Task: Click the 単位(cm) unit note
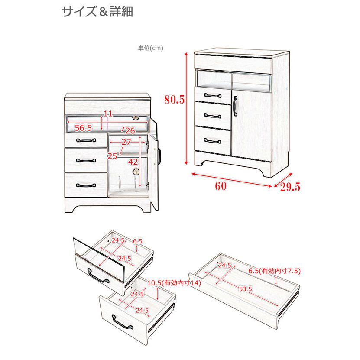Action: [150, 48]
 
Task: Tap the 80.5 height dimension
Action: [175, 100]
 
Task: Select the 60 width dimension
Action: [221, 186]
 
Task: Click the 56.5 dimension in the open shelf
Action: [83, 128]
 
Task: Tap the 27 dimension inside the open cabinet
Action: [126, 142]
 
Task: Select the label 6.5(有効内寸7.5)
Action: [274, 272]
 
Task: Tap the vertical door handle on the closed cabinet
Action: [235, 107]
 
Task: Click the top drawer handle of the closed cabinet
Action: [212, 95]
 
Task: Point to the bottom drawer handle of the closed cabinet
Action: [212, 139]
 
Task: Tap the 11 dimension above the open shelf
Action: [108, 114]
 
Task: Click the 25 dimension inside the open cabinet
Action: [112, 156]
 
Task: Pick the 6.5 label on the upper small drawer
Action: [137, 241]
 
